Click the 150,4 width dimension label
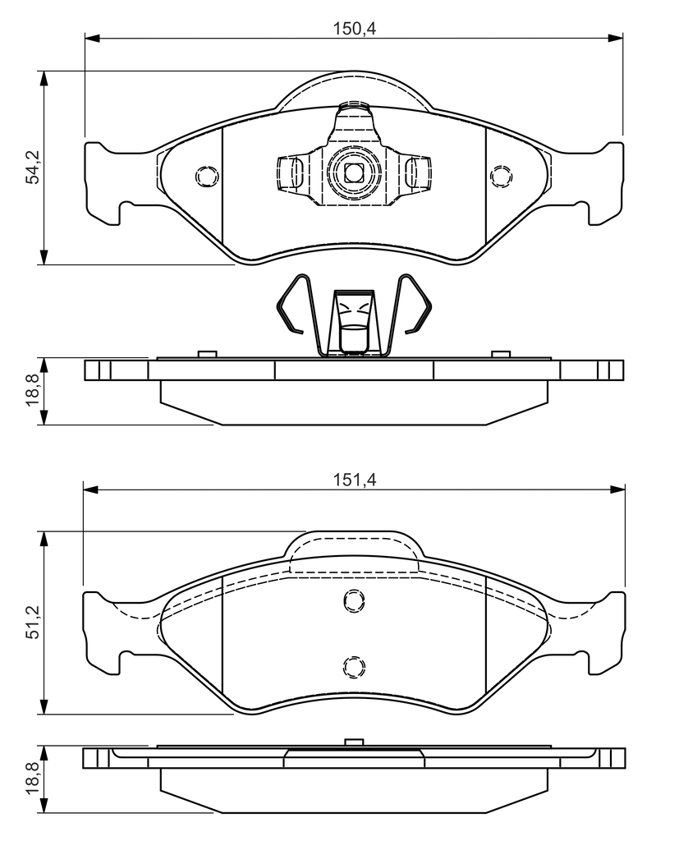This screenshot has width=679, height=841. pos(355,29)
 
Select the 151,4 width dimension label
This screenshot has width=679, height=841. pos(355,480)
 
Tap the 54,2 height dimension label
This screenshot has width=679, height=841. pos(34,168)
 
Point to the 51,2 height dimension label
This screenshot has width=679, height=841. pos(34,623)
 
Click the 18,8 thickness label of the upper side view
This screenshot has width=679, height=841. pos(34,390)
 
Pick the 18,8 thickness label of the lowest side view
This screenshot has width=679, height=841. pos(34,779)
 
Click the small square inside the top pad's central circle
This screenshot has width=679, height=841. pos(353,172)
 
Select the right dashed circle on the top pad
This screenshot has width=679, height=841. pos(501,176)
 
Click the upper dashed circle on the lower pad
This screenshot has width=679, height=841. pos(354,600)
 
